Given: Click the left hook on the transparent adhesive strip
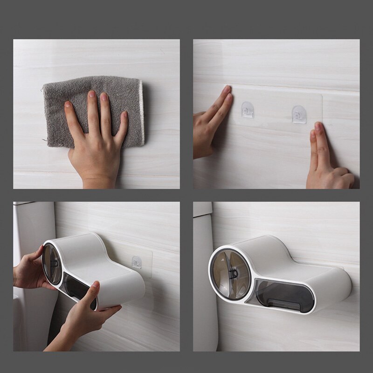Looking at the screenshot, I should pyautogui.click(x=247, y=110).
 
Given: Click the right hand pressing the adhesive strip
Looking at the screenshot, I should pyautogui.click(x=326, y=161).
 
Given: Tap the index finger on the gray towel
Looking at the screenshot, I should pyautogui.click(x=91, y=110).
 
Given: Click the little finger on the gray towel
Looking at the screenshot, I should pyautogui.click(x=122, y=126).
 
